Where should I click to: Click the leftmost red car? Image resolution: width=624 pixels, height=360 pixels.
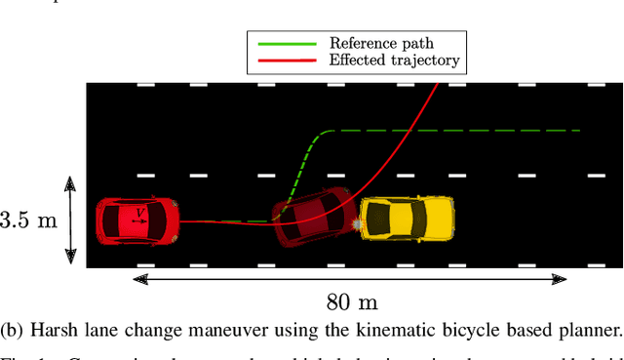(x=137, y=220)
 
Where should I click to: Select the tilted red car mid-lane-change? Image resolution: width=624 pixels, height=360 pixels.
(x=314, y=217)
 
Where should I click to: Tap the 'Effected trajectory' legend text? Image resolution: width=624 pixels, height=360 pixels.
(x=394, y=60)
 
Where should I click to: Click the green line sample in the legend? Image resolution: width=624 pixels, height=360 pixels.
(x=287, y=44)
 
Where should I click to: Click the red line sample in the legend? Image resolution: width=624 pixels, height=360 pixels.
(x=287, y=60)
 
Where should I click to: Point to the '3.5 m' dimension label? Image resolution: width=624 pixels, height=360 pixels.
(x=29, y=220)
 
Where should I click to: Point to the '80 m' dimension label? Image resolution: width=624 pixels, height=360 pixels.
(x=351, y=301)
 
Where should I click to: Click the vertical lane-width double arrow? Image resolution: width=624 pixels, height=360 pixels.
(x=70, y=220)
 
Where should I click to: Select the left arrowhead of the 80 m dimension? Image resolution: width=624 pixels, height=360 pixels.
(x=141, y=279)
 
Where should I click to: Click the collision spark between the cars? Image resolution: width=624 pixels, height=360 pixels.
(x=358, y=225)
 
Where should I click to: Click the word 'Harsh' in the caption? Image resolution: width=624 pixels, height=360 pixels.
(x=54, y=330)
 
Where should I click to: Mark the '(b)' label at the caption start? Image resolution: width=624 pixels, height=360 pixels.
(x=14, y=330)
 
